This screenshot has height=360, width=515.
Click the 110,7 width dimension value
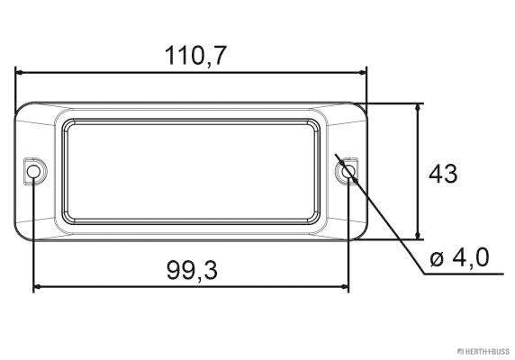click(195, 55)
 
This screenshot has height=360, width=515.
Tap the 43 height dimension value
click(442, 173)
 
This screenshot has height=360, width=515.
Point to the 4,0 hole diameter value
click(470, 259)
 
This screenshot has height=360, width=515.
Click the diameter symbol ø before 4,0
click(438, 260)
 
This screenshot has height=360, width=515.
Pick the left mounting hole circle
click(34, 171)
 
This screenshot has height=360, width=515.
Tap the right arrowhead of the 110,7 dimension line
click(363, 73)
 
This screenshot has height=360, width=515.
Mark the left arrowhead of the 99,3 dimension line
click(39, 287)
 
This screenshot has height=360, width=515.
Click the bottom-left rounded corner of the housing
click(26, 232)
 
